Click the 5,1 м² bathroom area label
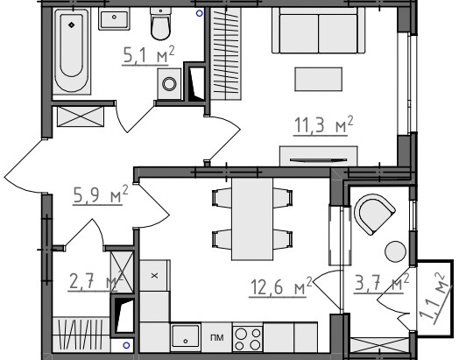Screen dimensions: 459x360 [148, 55]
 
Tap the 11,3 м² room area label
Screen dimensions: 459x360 [323, 125]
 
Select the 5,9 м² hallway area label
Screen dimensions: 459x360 [101, 194]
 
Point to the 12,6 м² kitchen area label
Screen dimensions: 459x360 [280, 286]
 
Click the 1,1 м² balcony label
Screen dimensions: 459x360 [433, 299]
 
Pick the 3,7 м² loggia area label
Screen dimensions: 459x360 [381, 283]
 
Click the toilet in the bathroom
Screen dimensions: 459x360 [160, 24]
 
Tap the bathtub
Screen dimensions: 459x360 [72, 51]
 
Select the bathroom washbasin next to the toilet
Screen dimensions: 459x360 [114, 18]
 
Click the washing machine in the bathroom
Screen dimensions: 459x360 [169, 84]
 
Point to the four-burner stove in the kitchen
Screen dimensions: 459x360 [248, 338]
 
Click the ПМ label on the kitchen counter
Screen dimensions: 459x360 [217, 338]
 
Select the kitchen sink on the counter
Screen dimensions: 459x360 [186, 337]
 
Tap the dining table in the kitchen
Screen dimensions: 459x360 [252, 219]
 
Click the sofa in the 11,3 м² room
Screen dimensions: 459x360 [319, 31]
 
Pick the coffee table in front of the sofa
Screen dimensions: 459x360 [319, 80]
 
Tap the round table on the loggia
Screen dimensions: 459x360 [395, 251]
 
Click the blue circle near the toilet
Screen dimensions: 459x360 [200, 13]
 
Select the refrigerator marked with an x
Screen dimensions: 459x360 [154, 275]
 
